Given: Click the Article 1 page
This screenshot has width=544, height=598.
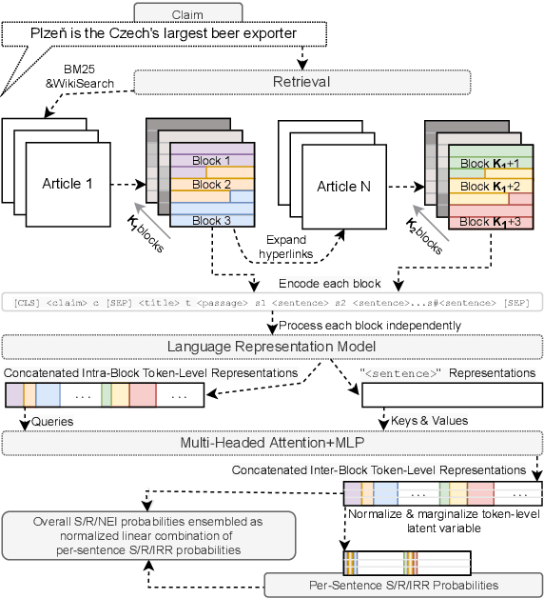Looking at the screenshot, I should coord(68,183).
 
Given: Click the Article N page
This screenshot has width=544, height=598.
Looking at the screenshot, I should coord(345,185).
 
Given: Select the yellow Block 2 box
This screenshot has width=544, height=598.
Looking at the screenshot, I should coord(211,184).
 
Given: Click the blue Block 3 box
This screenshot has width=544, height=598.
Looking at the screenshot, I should coord(211,221).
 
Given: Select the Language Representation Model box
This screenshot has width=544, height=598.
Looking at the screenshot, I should coord(271,346).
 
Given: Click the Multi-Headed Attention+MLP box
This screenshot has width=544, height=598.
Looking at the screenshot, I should coord(271,443).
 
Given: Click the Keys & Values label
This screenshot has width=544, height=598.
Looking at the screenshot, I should coord(427,419).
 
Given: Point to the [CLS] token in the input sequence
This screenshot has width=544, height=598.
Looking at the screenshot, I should coord(29,302).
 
